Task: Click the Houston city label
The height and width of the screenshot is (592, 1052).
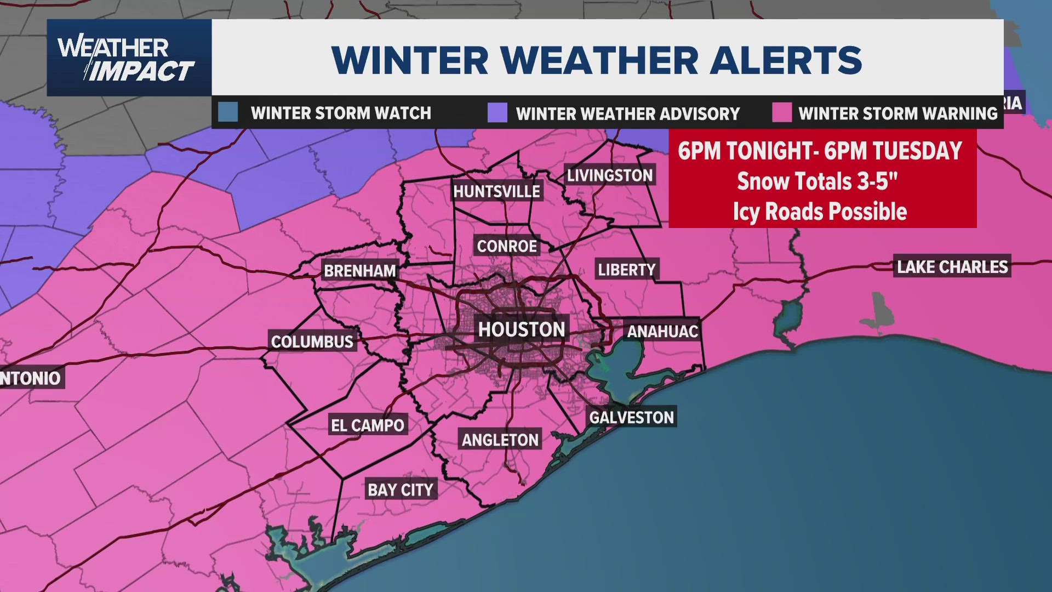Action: (x=521, y=329)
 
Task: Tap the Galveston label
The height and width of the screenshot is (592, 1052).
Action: (x=631, y=418)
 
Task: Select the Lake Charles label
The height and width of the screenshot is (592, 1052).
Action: (x=952, y=267)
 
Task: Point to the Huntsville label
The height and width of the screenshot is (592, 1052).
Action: (x=496, y=191)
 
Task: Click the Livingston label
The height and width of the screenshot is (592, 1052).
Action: (x=610, y=175)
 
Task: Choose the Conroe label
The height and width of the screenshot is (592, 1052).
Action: (x=507, y=246)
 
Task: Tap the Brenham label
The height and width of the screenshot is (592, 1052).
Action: (x=359, y=271)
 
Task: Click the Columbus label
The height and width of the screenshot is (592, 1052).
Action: (x=312, y=342)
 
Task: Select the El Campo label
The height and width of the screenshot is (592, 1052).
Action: (x=368, y=425)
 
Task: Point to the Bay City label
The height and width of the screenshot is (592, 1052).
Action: (x=400, y=489)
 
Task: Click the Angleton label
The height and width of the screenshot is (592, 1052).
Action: (x=500, y=440)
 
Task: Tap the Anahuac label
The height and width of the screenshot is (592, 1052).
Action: (x=662, y=332)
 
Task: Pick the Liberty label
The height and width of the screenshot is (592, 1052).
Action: (x=626, y=270)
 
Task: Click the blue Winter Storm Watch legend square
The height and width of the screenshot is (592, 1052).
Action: (x=228, y=112)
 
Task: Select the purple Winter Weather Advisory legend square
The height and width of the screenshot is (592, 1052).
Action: (x=497, y=112)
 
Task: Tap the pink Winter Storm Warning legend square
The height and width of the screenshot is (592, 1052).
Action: (x=781, y=112)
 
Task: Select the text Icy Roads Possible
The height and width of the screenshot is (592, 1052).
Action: (x=820, y=212)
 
